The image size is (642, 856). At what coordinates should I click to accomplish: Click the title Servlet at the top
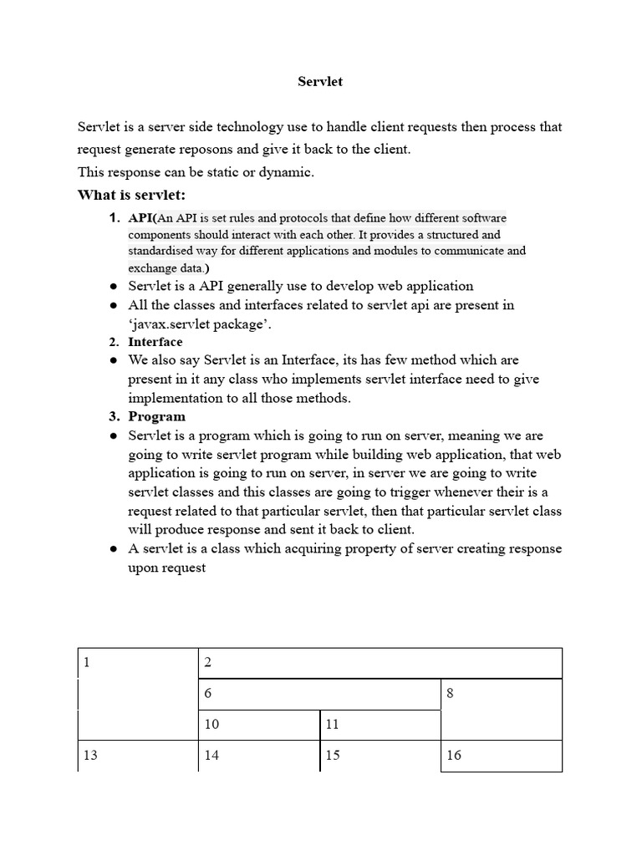[321, 82]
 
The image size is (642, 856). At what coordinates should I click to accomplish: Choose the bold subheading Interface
[155, 342]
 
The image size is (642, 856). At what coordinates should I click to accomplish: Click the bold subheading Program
[156, 416]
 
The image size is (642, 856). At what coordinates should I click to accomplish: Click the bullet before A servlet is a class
[113, 549]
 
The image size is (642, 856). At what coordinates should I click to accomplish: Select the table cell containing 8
[501, 709]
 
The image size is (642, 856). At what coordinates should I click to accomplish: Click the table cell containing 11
[380, 725]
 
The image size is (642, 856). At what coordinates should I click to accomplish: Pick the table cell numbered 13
[137, 755]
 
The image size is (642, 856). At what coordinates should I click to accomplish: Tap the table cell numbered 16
[501, 755]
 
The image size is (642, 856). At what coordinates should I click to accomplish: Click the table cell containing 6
[319, 694]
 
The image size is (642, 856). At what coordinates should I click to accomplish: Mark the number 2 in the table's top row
[208, 663]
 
